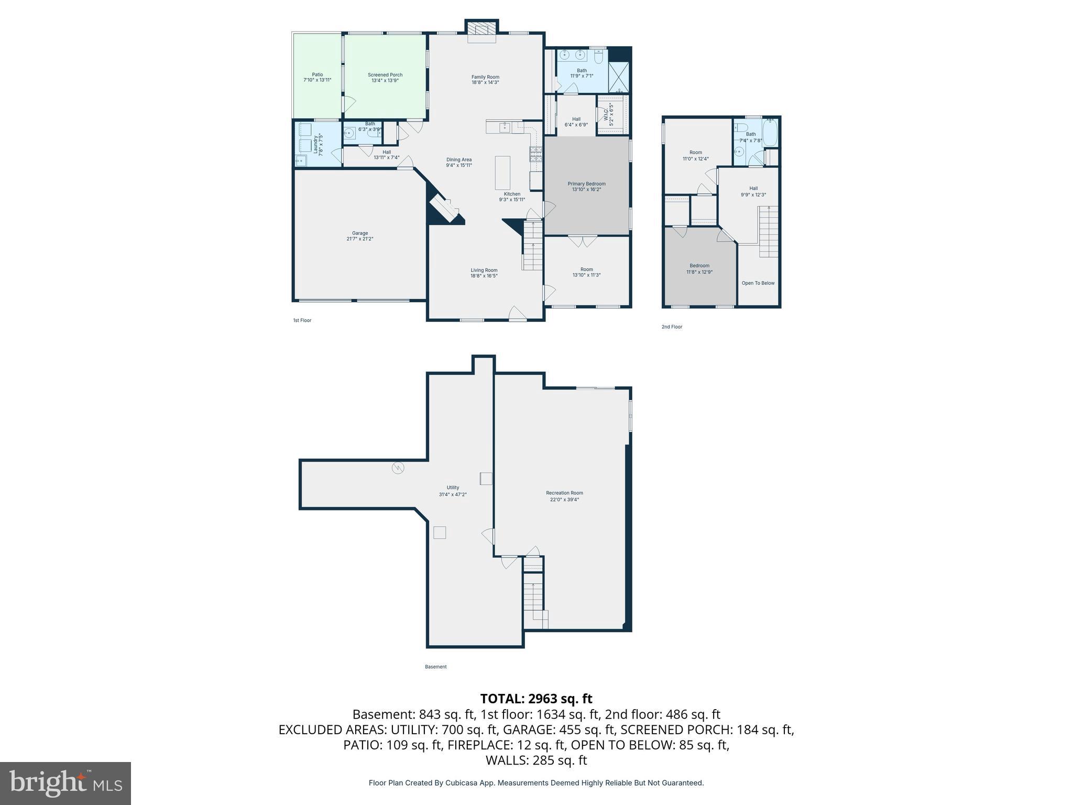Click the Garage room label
click(359, 233)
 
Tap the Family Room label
click(485, 77)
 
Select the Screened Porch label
click(385, 75)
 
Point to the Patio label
click(317, 74)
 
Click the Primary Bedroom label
click(586, 184)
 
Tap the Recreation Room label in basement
click(564, 493)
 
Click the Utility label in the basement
click(453, 487)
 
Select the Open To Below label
click(758, 283)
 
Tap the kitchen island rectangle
click(502, 172)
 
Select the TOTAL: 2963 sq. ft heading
click(536, 699)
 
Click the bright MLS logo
click(65, 784)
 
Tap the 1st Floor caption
click(302, 320)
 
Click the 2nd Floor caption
click(672, 327)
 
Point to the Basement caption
click(435, 667)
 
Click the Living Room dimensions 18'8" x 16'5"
click(484, 276)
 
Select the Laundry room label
click(316, 144)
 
